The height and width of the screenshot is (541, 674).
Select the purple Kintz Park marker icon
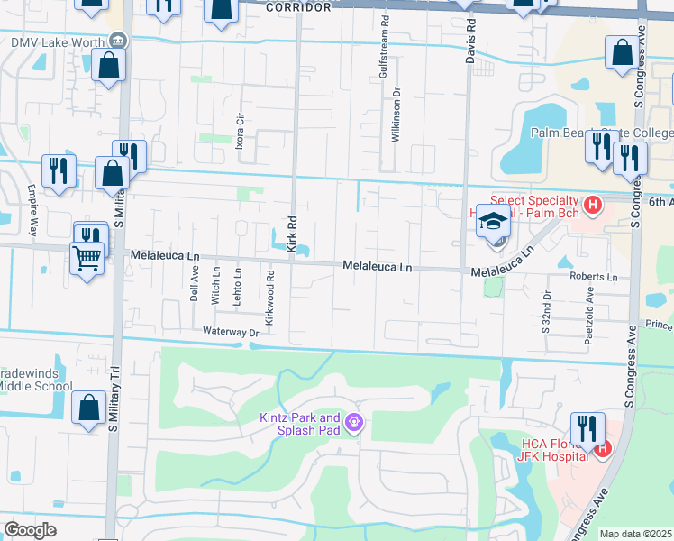click(354, 421)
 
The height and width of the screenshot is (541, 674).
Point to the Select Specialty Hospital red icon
click(592, 206)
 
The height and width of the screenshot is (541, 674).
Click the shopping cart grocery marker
click(87, 259)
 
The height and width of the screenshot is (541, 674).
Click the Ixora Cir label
click(240, 132)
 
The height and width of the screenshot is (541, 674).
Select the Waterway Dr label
click(231, 332)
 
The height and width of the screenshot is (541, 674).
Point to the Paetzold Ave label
click(590, 306)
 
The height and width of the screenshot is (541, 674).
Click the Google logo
click(30, 529)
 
